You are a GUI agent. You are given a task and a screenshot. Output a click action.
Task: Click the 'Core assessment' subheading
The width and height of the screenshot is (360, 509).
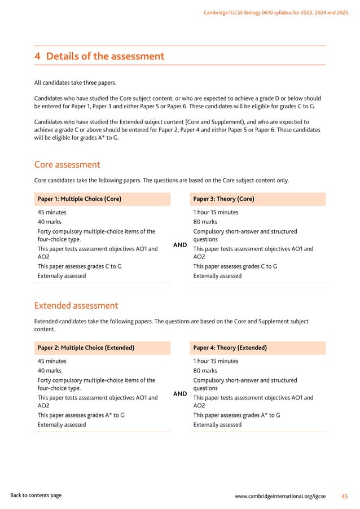pyautogui.click(x=67, y=165)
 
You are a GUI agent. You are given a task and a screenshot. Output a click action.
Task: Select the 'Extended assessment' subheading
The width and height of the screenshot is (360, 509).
pyautogui.click(x=76, y=306)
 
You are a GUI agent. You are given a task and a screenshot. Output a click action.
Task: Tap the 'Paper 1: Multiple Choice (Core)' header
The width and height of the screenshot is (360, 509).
pyautogui.click(x=80, y=199)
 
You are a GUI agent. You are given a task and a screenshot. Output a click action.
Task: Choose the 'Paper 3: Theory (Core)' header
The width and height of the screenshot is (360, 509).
pyautogui.click(x=223, y=199)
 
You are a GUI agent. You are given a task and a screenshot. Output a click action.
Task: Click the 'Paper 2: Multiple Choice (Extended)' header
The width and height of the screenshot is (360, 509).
pyautogui.click(x=86, y=348)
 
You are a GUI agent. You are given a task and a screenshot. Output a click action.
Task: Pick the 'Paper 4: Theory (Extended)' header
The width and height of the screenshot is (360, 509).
pyautogui.click(x=230, y=348)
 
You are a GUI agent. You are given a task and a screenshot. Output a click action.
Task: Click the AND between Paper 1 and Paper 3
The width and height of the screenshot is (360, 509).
pyautogui.click(x=180, y=246)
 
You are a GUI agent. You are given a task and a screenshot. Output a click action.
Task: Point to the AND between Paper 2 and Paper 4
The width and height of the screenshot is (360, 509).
pyautogui.click(x=180, y=394)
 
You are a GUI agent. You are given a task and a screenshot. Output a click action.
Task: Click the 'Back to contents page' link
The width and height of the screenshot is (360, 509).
pyautogui.click(x=36, y=495)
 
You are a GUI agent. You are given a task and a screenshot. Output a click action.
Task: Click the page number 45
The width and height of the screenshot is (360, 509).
pyautogui.click(x=345, y=496)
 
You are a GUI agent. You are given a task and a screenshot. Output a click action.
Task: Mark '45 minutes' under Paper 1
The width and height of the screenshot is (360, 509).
pyautogui.click(x=52, y=213)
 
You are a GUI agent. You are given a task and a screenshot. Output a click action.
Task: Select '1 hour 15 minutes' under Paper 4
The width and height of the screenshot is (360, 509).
pyautogui.click(x=216, y=361)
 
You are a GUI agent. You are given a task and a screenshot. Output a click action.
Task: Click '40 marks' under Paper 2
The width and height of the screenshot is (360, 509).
pyautogui.click(x=49, y=371)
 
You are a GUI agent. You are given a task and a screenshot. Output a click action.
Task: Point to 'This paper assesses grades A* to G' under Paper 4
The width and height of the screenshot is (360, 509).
pyautogui.click(x=236, y=415)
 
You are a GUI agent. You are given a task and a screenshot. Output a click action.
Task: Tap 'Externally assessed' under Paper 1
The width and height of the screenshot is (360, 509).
pyautogui.click(x=62, y=276)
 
